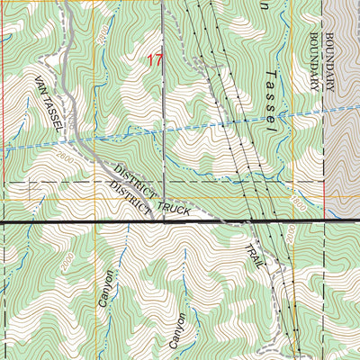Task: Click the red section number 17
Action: click(155, 61)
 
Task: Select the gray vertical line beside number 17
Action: click(165, 90)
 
